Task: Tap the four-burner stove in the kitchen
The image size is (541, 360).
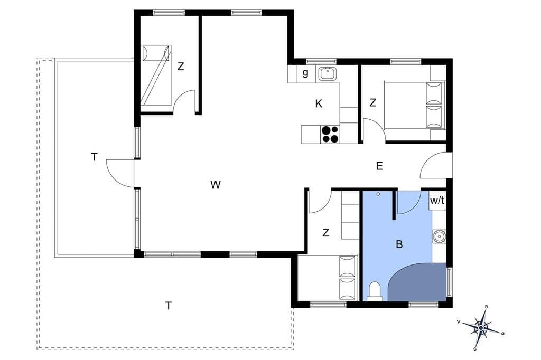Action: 330,134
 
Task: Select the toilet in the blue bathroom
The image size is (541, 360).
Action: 375,291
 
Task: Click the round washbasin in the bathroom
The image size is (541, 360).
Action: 439,236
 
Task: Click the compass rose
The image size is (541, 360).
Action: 481,326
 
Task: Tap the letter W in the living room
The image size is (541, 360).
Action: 216,185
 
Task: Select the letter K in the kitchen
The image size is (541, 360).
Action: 319,103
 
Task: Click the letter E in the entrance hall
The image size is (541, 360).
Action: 379,166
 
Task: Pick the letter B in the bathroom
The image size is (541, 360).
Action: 399,244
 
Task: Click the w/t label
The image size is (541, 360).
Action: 437,201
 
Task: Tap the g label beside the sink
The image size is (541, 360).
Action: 305,73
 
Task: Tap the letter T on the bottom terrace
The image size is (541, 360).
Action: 169,306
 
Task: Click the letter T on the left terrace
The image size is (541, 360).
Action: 94,157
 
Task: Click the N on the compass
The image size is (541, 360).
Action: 487,306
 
